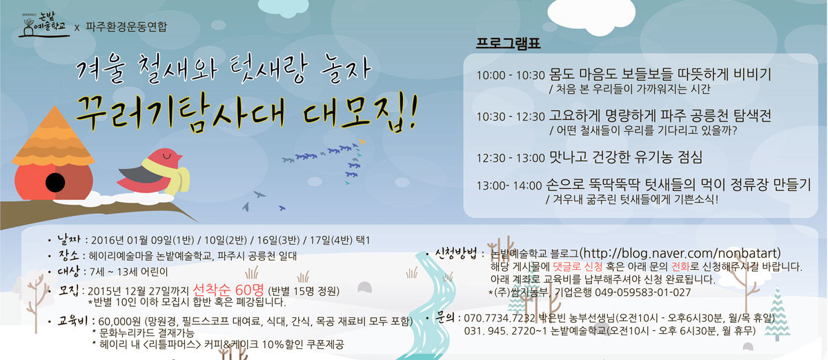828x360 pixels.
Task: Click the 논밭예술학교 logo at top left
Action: (x=43, y=25)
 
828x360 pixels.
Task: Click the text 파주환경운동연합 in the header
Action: (x=126, y=27)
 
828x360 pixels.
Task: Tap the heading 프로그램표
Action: (x=508, y=43)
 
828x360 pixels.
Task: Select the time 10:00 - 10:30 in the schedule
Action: (x=511, y=75)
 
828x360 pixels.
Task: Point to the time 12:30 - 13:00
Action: (x=511, y=158)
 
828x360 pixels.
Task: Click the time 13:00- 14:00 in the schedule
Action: (x=509, y=186)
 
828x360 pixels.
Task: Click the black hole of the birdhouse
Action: (x=55, y=182)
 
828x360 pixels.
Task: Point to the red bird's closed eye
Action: (x=167, y=155)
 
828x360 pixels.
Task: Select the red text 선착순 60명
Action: (x=228, y=290)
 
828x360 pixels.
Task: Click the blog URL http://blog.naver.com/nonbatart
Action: (x=680, y=253)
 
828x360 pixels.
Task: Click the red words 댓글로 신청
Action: (x=578, y=266)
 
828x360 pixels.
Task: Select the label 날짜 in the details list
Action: (x=69, y=239)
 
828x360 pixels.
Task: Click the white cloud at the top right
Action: (x=591, y=17)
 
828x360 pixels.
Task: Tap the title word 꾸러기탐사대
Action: (x=180, y=114)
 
